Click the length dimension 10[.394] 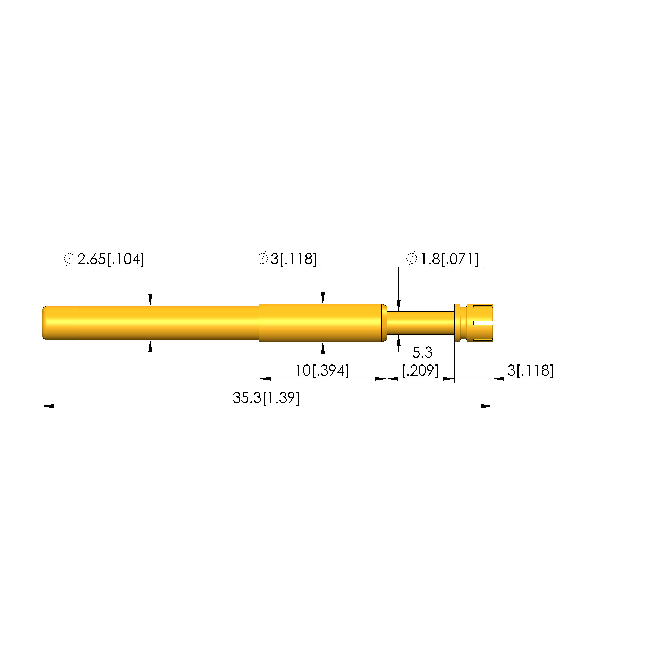point(322,371)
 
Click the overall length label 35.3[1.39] point(266,398)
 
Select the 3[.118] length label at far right point(530,371)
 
